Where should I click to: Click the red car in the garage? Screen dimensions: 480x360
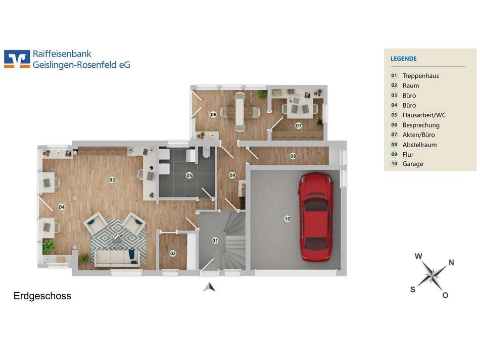[x=316, y=217]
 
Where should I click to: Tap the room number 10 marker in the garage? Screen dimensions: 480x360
[x=287, y=218]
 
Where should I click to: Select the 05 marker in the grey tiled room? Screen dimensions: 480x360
[x=189, y=175]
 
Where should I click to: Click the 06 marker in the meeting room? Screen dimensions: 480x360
[x=213, y=114]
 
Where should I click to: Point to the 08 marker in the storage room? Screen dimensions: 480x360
[x=293, y=156]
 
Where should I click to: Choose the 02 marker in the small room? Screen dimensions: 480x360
[x=173, y=253]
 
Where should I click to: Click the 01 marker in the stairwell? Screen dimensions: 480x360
[x=215, y=241]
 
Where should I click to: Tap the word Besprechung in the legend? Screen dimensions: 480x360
[x=421, y=125]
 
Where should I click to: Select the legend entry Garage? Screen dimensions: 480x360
[x=413, y=164]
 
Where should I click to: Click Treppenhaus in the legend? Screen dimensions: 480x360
[x=420, y=76]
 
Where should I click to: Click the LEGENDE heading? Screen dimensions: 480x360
[x=404, y=59]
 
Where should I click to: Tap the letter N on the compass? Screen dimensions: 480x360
[x=451, y=262]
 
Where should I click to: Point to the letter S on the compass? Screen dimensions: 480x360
[x=413, y=289]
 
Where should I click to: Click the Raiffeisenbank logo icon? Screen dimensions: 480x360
[x=17, y=59]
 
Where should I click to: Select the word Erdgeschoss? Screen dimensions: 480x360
[x=42, y=296]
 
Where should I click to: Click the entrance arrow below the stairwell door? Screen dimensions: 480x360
[x=209, y=287]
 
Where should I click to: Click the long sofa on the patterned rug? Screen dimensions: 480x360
[x=117, y=258]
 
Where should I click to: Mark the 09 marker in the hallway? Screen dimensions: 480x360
[x=232, y=175]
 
